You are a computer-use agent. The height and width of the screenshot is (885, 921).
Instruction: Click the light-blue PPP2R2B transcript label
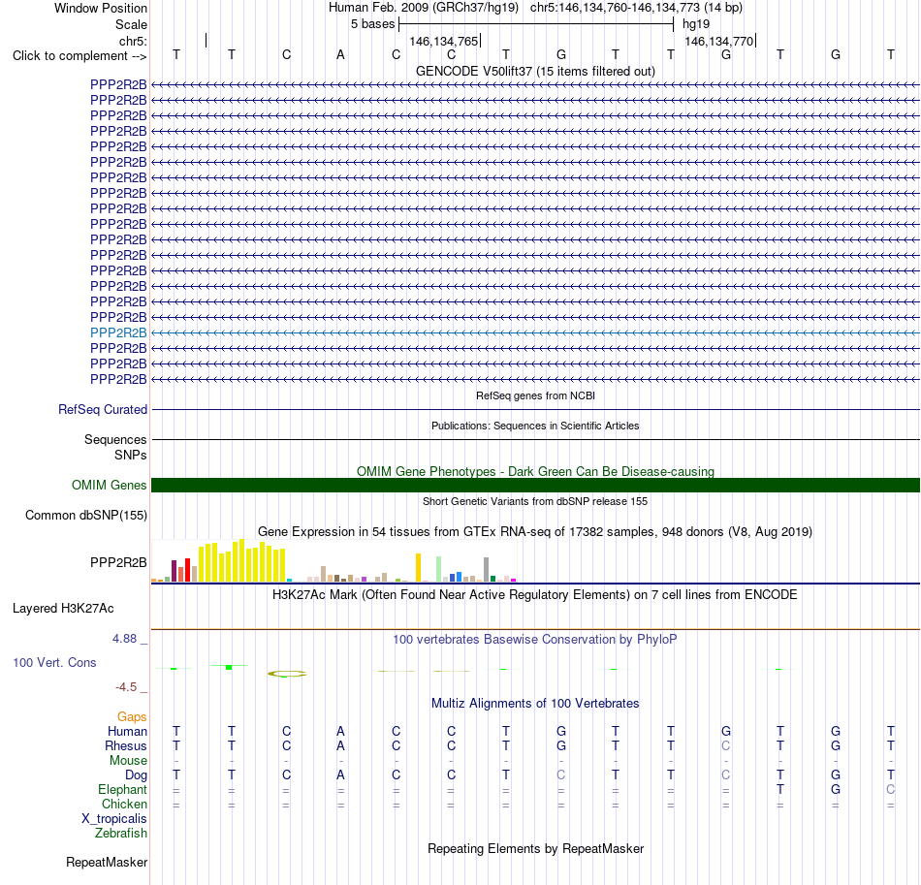pos(118,332)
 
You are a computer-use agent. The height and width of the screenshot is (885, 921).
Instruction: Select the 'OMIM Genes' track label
pos(109,485)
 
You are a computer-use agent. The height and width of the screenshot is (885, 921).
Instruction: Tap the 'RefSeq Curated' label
pos(102,409)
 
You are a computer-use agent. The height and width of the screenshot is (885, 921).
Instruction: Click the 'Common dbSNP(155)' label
pos(85,515)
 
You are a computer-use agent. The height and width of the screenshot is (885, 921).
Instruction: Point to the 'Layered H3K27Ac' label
pos(63,609)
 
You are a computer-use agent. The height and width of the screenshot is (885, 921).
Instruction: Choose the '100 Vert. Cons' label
pos(54,662)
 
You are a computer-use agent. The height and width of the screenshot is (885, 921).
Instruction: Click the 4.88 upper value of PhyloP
pos(124,639)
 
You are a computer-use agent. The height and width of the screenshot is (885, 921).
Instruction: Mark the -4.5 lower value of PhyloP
pos(126,687)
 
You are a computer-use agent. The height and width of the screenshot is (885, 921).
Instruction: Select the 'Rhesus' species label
pos(126,745)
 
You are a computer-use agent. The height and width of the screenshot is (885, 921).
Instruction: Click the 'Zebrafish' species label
pos(121,833)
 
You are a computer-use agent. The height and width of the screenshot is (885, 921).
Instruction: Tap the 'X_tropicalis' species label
pos(114,819)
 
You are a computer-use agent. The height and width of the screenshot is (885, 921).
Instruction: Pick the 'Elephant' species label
pos(122,789)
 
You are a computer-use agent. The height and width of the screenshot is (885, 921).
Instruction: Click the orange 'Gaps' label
pos(132,716)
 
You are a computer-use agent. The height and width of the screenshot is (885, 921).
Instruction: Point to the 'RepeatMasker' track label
pos(107,862)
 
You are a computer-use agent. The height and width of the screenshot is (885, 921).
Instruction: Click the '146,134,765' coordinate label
pos(443,41)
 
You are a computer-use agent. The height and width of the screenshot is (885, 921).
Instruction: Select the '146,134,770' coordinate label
pos(719,41)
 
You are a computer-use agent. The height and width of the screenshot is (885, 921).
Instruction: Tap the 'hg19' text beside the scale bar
pos(696,24)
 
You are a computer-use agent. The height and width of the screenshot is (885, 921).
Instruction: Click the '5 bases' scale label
pos(373,24)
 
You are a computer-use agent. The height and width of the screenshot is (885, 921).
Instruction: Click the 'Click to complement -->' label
pos(79,56)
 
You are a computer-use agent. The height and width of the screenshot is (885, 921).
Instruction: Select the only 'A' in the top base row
pos(340,55)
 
